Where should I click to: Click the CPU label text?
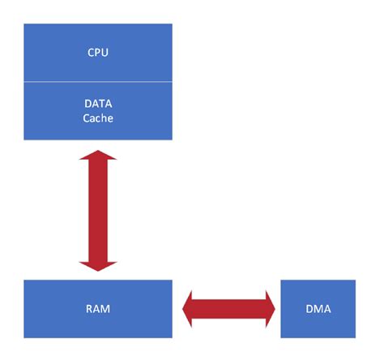(x=97, y=53)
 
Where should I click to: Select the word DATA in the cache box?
(x=97, y=105)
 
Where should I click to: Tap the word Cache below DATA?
(x=97, y=118)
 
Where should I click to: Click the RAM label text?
(x=97, y=309)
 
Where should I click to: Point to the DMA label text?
(x=317, y=309)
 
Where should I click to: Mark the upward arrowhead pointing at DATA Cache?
(x=98, y=155)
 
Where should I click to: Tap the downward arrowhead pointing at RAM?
(x=98, y=264)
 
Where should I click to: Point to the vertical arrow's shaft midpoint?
(x=98, y=209)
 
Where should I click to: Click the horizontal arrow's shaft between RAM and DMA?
(x=228, y=309)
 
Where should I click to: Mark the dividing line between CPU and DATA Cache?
(x=49, y=82)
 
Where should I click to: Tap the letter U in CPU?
(x=105, y=53)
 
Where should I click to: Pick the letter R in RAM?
(x=88, y=309)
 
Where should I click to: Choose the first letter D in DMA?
(x=308, y=309)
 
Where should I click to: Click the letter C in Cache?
(x=86, y=118)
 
